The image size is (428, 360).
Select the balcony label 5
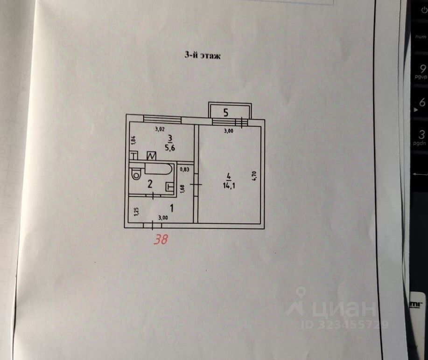click(x=226, y=112)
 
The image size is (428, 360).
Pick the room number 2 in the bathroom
click(x=150, y=184)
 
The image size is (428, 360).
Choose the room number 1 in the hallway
click(x=172, y=207)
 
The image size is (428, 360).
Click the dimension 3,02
click(x=160, y=129)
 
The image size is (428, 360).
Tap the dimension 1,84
click(x=133, y=139)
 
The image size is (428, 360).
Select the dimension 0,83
click(x=185, y=170)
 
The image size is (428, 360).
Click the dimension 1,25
click(x=136, y=212)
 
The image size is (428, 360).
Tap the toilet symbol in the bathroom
click(x=136, y=174)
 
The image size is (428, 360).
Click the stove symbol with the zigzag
click(x=152, y=156)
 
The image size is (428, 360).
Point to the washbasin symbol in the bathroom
click(x=169, y=187)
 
